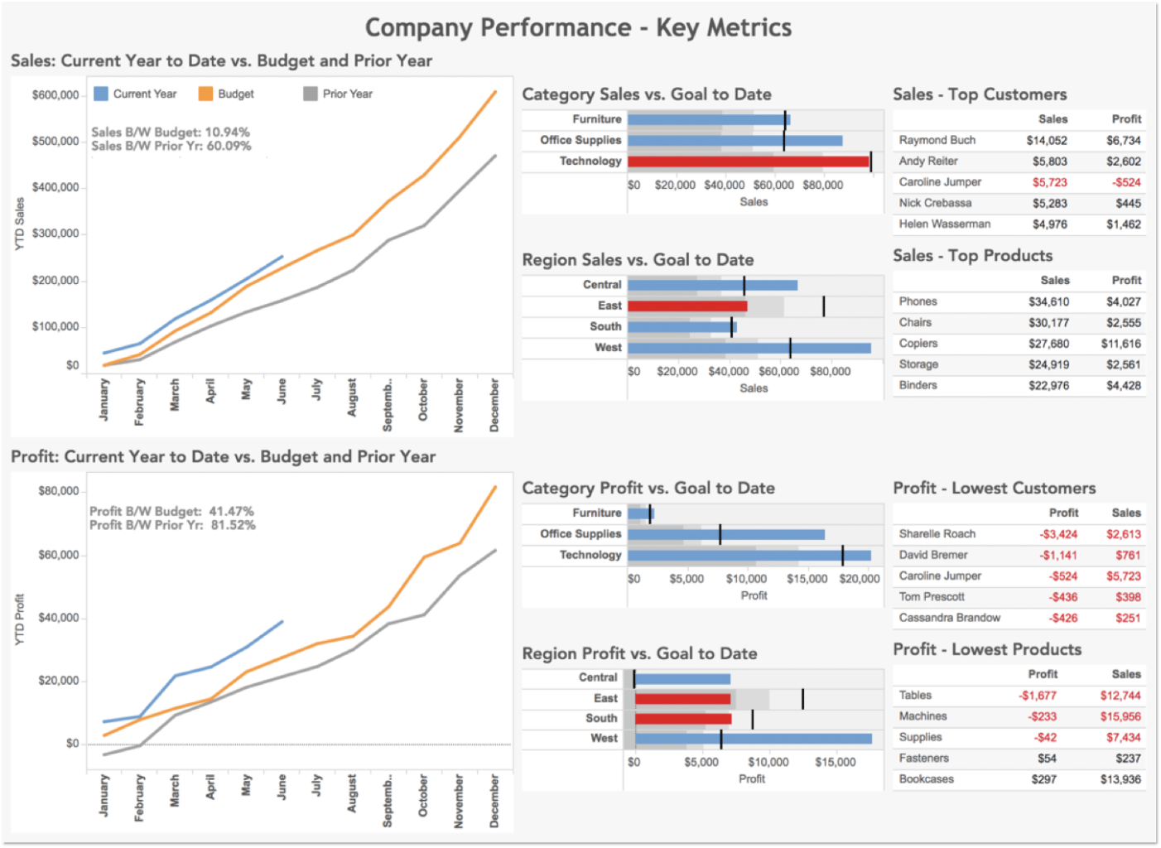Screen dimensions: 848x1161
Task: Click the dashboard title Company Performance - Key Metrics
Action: pos(578,27)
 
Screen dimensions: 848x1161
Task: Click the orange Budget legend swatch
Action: pos(205,94)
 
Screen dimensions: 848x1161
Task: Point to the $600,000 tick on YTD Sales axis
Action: pos(55,94)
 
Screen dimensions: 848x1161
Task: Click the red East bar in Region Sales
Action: pos(687,306)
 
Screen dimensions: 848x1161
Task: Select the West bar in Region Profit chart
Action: pos(753,739)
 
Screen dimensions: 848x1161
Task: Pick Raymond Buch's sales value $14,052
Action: pos(1047,141)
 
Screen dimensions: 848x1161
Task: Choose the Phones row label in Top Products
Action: pos(918,301)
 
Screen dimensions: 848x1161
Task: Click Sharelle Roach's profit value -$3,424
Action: pos(1058,534)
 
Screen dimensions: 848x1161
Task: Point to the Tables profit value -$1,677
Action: pos(1037,696)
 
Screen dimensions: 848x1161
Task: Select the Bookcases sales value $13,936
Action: pos(1120,779)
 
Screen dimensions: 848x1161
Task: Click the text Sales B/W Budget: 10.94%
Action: pos(170,132)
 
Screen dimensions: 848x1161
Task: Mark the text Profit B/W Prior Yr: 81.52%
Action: pos(172,525)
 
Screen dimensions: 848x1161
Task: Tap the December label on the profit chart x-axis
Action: pos(494,801)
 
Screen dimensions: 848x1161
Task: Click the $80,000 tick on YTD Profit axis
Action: pos(58,491)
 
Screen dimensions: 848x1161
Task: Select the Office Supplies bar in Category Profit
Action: pos(725,535)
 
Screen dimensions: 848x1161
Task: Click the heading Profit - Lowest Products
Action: pos(987,649)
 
